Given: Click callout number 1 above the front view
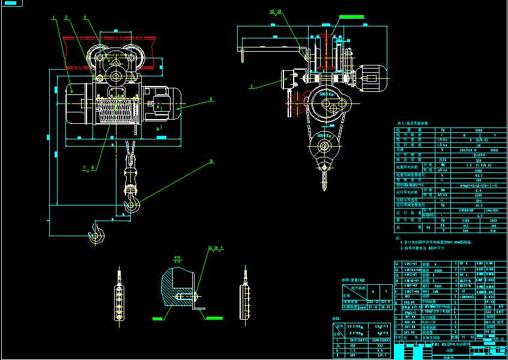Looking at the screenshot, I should pyautogui.click(x=53, y=18).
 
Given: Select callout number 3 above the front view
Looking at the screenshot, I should pyautogui.click(x=85, y=17).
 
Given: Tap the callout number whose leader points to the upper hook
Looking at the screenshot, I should pyautogui.click(x=211, y=160).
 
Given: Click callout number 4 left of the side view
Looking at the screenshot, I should pyautogui.click(x=251, y=87).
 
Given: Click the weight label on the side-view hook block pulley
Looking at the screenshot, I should pyautogui.click(x=324, y=136).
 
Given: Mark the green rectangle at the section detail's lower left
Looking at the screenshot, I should pyautogui.click(x=158, y=317).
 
